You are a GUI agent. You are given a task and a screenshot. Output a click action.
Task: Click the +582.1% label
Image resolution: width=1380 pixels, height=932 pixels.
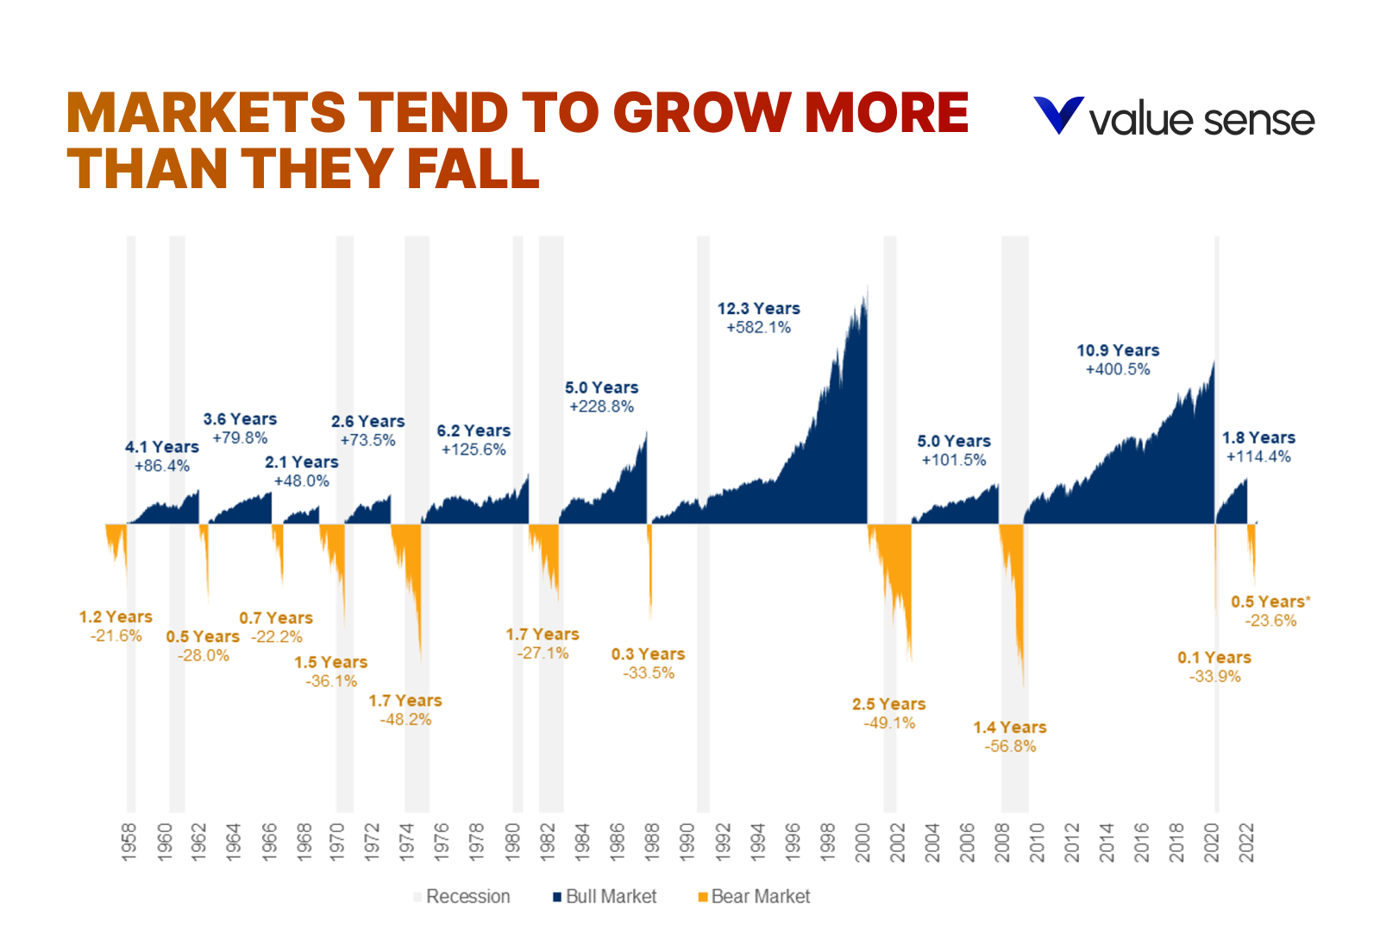(758, 328)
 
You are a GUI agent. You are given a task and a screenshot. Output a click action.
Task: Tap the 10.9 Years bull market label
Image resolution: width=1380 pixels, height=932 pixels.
(1118, 350)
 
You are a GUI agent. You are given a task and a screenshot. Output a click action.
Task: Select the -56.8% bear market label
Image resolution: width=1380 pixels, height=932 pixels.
(1010, 746)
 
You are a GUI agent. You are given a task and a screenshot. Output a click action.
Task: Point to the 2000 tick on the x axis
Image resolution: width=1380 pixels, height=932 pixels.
(862, 841)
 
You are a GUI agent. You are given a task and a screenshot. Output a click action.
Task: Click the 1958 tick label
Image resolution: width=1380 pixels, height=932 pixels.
(129, 841)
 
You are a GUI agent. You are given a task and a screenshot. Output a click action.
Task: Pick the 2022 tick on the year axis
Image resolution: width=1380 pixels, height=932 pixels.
(1246, 841)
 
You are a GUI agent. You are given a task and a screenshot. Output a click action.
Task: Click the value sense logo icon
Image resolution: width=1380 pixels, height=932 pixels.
(1058, 116)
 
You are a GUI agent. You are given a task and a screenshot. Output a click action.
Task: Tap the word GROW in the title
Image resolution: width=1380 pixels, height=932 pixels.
(701, 113)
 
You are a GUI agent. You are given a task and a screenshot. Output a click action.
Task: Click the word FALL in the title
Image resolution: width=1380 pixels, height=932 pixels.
(473, 168)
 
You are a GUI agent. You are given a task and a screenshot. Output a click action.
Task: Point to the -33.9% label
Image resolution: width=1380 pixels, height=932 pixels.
(1214, 677)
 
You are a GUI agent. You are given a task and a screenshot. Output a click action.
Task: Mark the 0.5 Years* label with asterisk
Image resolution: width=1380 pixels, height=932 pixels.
(1270, 601)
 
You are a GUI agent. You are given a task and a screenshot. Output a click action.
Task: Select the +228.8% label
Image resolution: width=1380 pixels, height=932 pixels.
(601, 406)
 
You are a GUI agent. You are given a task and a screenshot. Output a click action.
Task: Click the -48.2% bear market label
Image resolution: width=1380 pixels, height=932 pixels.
(405, 720)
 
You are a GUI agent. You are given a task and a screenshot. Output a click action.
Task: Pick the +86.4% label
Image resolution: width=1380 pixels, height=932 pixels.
(161, 466)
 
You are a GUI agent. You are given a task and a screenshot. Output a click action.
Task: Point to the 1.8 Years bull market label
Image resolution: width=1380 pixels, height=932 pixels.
(1258, 438)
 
